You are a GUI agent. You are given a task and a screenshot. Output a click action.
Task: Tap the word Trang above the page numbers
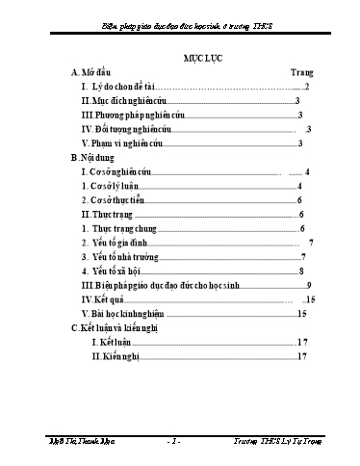pos(302,72)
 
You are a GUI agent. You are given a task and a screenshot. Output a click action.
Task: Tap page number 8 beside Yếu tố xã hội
pos(301,272)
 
